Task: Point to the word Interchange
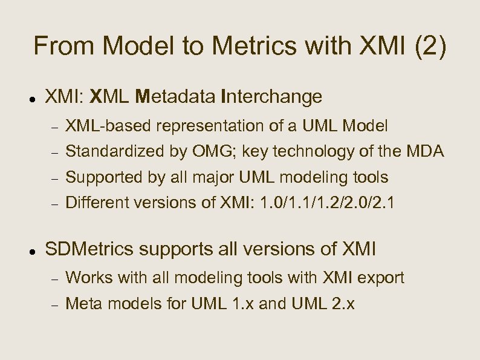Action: pyautogui.click(x=272, y=96)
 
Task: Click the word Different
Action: pyautogui.click(x=94, y=202)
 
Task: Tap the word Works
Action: pyautogui.click(x=86, y=278)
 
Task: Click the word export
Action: pyautogui.click(x=383, y=278)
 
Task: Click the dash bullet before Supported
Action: pyautogui.click(x=54, y=178)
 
